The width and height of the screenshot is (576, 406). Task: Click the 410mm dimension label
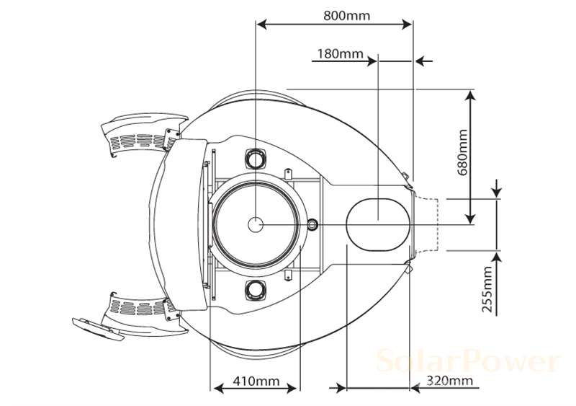(256, 379)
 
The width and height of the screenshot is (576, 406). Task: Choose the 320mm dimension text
(449, 379)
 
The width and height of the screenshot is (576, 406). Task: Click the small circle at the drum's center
(256, 224)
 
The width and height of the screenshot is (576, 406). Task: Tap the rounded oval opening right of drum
(377, 224)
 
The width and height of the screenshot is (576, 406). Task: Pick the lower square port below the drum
(256, 289)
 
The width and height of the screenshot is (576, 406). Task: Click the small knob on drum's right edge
(312, 224)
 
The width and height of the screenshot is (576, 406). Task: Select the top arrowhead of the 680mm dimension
(471, 94)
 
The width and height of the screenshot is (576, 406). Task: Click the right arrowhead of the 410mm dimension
(293, 388)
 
